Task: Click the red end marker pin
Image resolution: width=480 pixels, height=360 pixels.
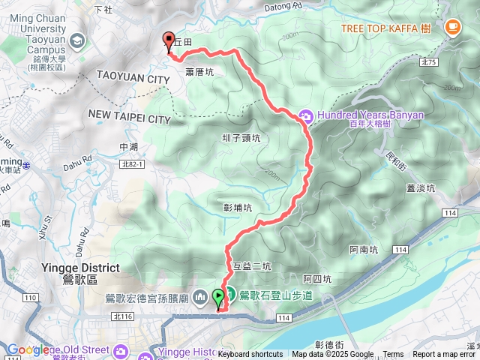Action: point(169,41)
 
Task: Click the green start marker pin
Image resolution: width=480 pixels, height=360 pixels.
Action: point(218,298)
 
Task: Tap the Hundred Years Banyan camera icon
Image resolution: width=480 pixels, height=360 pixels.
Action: point(306,116)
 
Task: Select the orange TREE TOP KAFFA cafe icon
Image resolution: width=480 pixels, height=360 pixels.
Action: point(451,28)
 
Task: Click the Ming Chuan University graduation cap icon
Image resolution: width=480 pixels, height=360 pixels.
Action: point(76,40)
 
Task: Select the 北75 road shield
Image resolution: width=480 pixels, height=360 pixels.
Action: point(428,62)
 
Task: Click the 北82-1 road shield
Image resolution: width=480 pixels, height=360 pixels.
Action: point(130,163)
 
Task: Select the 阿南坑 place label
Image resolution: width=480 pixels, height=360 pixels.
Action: point(364,250)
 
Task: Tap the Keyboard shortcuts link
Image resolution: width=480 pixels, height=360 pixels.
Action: point(250,355)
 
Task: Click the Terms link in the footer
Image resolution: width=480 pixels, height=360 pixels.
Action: point(393,355)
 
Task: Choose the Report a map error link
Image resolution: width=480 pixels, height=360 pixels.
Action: point(445,355)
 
